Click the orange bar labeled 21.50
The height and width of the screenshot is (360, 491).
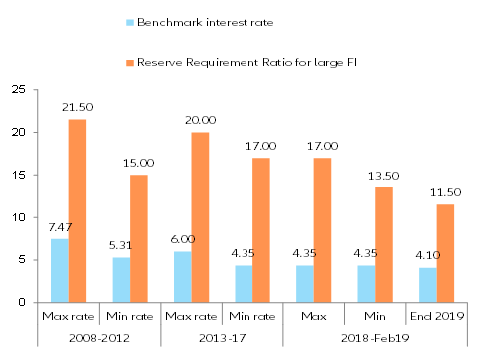coord(76,210)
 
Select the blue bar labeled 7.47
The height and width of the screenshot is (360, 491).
coord(59,270)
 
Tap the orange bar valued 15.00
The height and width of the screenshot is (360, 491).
coord(138,238)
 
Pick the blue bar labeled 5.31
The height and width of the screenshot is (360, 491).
coord(120,280)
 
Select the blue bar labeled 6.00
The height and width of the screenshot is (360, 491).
coord(181,277)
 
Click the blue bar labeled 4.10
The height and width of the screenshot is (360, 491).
coord(426,285)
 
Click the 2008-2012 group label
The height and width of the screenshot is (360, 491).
coord(98,338)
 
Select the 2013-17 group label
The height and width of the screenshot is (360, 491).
coord(221,338)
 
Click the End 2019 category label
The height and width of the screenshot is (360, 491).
coord(435,317)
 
